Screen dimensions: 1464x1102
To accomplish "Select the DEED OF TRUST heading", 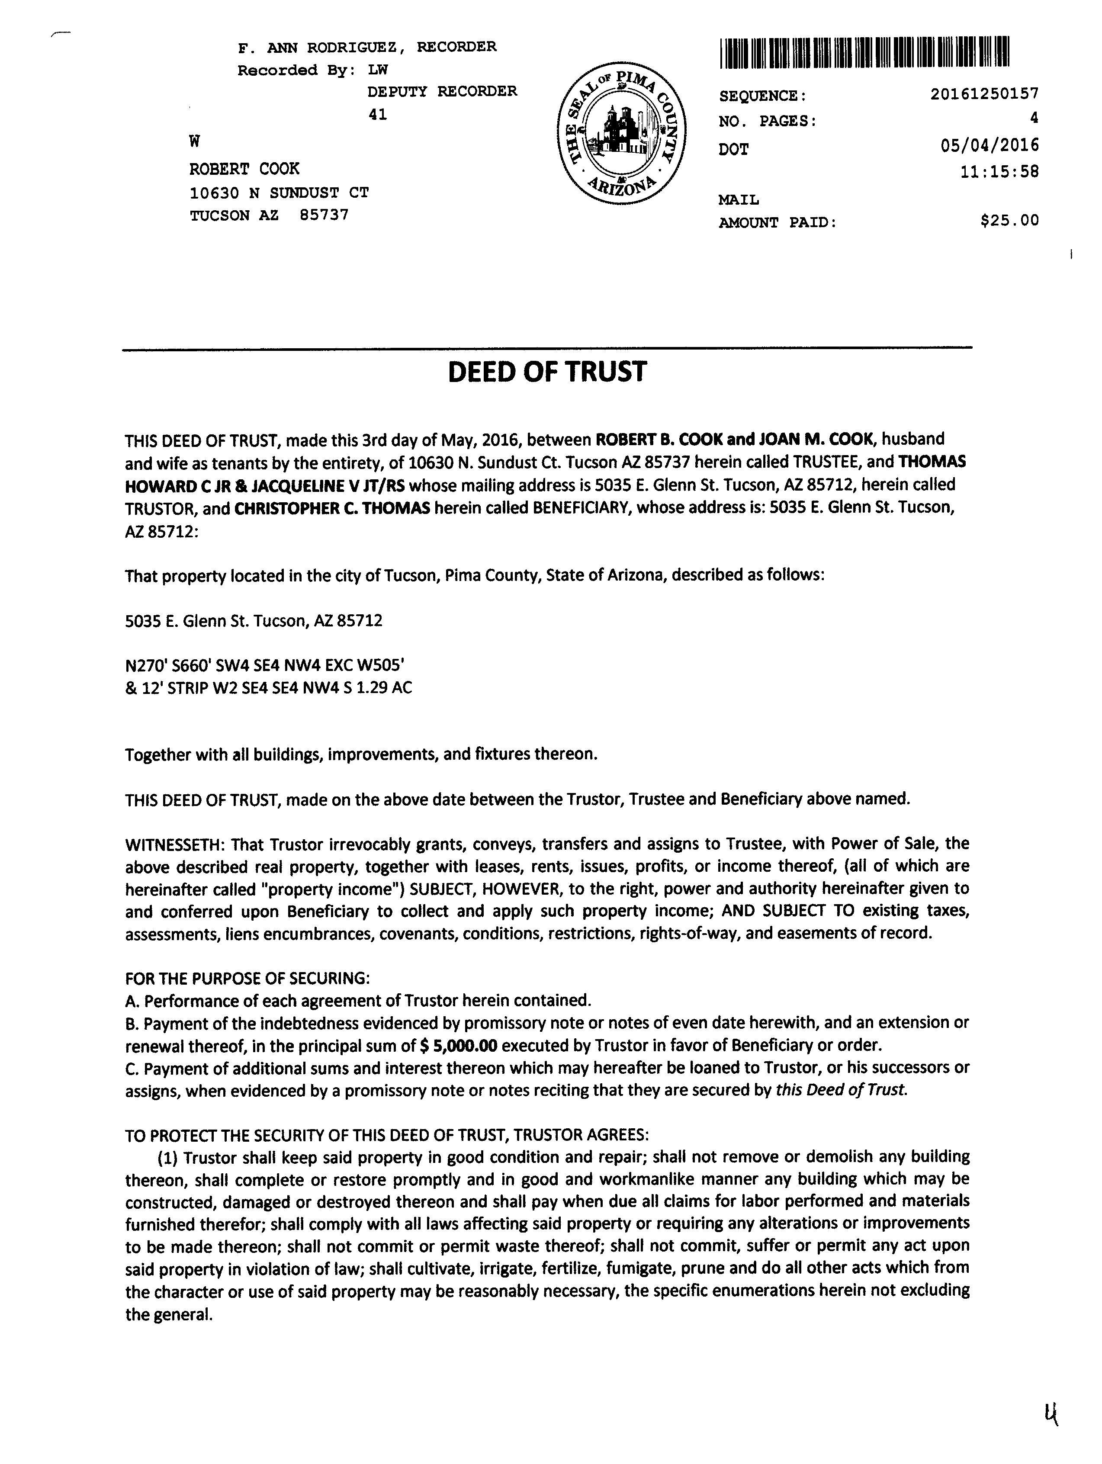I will pyautogui.click(x=547, y=372).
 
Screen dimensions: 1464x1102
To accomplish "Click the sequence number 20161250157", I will pyautogui.click(x=984, y=94).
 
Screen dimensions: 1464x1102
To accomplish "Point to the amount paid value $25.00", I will pyautogui.click(x=1009, y=220).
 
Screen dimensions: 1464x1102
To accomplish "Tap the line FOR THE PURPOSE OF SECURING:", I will pyautogui.click(x=247, y=978).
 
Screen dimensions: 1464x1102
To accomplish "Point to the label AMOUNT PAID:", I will pyautogui.click(x=777, y=223).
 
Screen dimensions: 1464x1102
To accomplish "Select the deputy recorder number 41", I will pyautogui.click(x=377, y=115).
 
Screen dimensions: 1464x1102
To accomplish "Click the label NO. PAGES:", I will pyautogui.click(x=767, y=121).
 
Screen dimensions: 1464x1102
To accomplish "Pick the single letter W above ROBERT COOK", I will pyautogui.click(x=195, y=141).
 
